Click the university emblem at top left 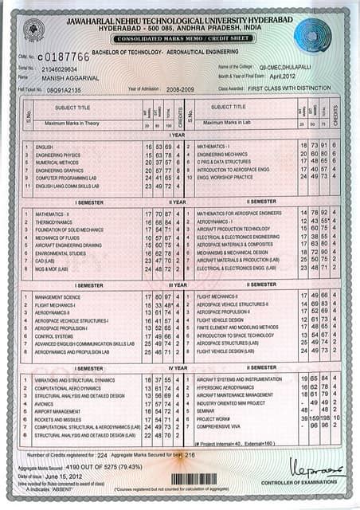pyautogui.click(x=34, y=31)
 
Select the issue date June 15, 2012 pyautogui.click(x=67, y=475)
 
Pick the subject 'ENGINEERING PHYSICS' pyautogui.click(x=58, y=155)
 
